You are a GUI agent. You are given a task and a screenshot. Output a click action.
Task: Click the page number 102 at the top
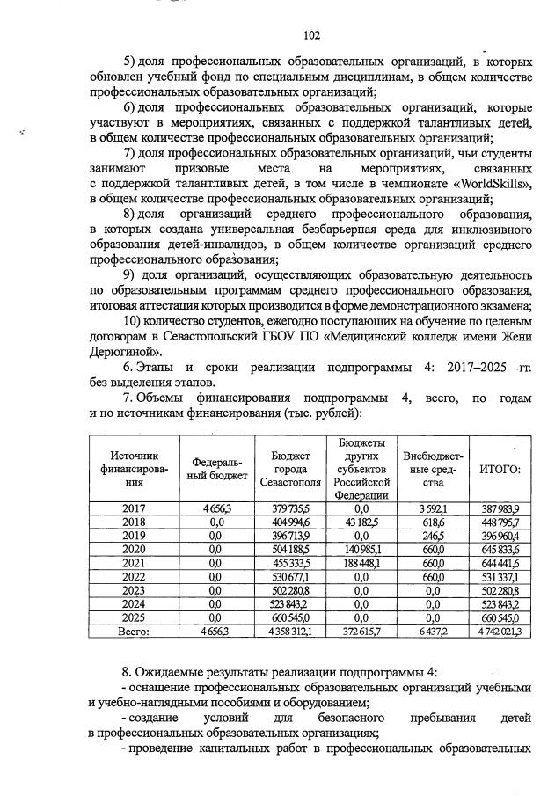click(x=310, y=35)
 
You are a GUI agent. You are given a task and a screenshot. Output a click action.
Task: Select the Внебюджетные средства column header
click(x=432, y=468)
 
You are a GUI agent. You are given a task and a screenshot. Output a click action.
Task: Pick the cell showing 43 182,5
click(x=361, y=522)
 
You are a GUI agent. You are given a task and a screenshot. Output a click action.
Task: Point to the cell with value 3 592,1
click(x=432, y=508)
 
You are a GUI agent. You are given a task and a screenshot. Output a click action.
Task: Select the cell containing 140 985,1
click(x=361, y=549)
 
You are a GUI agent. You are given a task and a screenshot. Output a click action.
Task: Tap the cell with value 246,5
click(x=432, y=536)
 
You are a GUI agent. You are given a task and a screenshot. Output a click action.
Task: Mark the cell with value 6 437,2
click(x=432, y=631)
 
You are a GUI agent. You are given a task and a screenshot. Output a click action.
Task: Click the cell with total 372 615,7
click(x=361, y=631)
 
